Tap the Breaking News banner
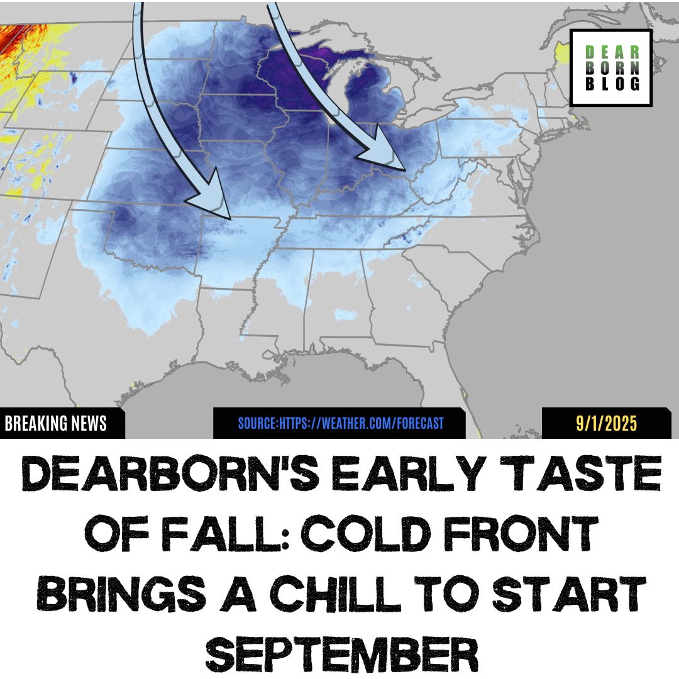(57, 424)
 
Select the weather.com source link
(340, 423)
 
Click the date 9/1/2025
(607, 424)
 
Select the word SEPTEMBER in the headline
(339, 651)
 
